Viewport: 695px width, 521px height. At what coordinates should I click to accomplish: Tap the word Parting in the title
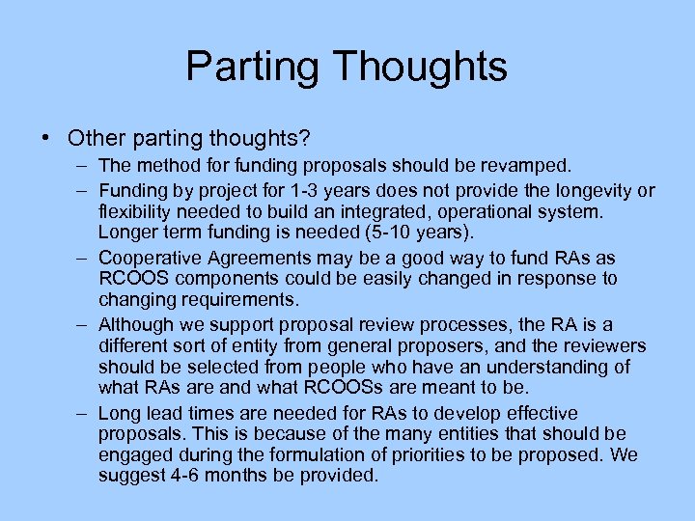pos(253,67)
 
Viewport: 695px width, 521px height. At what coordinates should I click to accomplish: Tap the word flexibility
pos(135,211)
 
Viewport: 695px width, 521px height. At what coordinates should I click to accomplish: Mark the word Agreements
pos(254,259)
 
